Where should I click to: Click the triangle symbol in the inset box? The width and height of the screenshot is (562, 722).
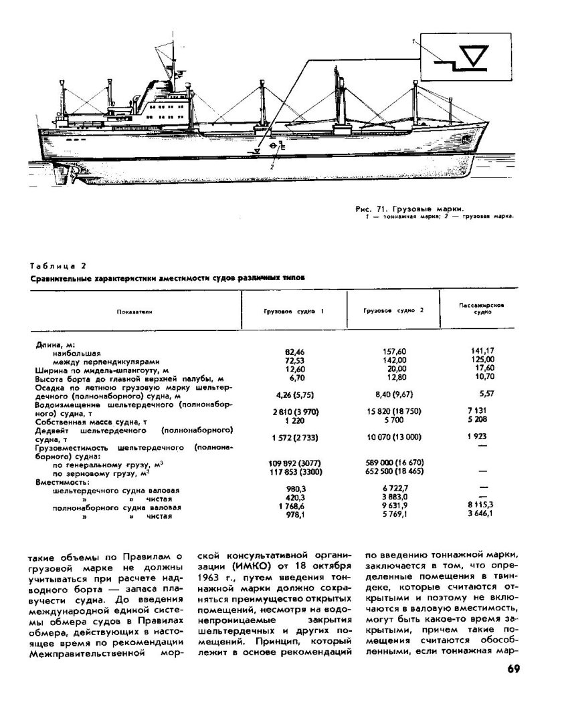click(x=476, y=57)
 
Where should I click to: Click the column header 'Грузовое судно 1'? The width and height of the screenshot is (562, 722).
click(x=292, y=312)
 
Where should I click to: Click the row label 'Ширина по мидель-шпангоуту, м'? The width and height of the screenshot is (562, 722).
click(x=100, y=370)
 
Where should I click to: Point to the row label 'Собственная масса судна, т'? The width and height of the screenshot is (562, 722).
click(x=94, y=422)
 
